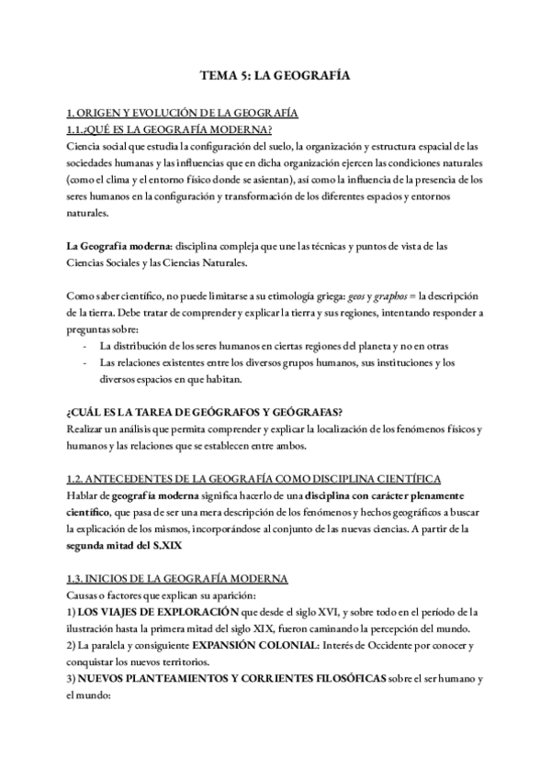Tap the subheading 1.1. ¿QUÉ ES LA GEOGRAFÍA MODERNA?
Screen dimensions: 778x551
tap(169, 129)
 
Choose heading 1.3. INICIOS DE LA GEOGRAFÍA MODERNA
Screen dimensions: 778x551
tap(178, 578)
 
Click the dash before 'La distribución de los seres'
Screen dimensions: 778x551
tap(85, 346)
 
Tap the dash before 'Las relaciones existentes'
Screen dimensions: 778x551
tap(85, 362)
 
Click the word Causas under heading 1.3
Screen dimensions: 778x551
tap(85, 595)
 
